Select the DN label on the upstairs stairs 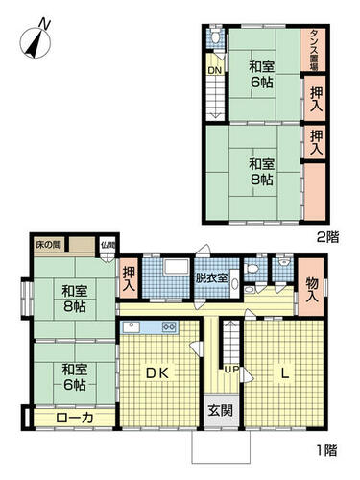pyautogui.click(x=214, y=69)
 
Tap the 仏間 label pyautogui.click(x=109, y=246)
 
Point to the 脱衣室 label pyautogui.click(x=211, y=278)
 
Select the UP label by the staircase pyautogui.click(x=230, y=369)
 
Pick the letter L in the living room pyautogui.click(x=284, y=372)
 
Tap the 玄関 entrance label pyautogui.click(x=218, y=411)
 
